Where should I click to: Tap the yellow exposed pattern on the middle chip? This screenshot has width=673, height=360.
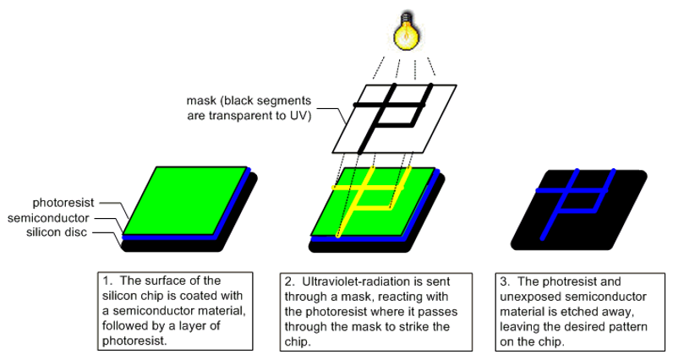coord(365,204)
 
